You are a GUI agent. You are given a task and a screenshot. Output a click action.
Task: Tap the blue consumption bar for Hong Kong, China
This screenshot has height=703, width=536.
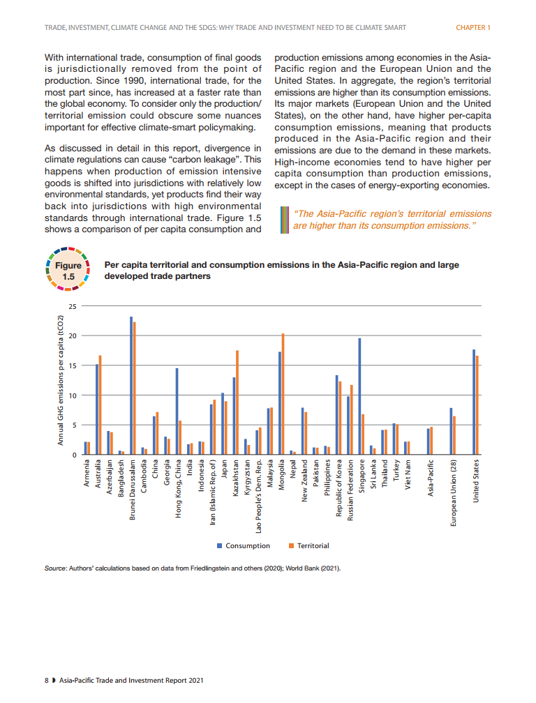coord(177,411)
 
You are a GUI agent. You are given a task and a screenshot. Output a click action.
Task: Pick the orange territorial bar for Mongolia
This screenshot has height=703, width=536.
coord(283,394)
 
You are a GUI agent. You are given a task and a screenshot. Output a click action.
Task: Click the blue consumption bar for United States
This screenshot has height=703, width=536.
coord(474,402)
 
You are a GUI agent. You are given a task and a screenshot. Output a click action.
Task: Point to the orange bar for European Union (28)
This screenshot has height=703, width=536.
coord(454,435)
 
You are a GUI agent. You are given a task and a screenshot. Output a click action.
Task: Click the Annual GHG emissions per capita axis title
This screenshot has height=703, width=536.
coord(61,380)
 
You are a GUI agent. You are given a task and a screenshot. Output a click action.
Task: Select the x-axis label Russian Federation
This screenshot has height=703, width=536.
coord(350,492)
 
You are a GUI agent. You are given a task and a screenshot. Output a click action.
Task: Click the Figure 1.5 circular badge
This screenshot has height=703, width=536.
coord(68,271)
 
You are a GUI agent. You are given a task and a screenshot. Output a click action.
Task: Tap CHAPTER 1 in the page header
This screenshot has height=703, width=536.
coord(473,28)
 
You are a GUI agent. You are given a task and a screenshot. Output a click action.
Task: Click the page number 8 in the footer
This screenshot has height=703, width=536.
coord(46,679)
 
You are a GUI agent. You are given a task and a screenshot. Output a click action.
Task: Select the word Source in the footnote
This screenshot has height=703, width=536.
coord(54,569)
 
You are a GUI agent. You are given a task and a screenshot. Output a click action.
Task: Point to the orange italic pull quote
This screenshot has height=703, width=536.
coord(392,220)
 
